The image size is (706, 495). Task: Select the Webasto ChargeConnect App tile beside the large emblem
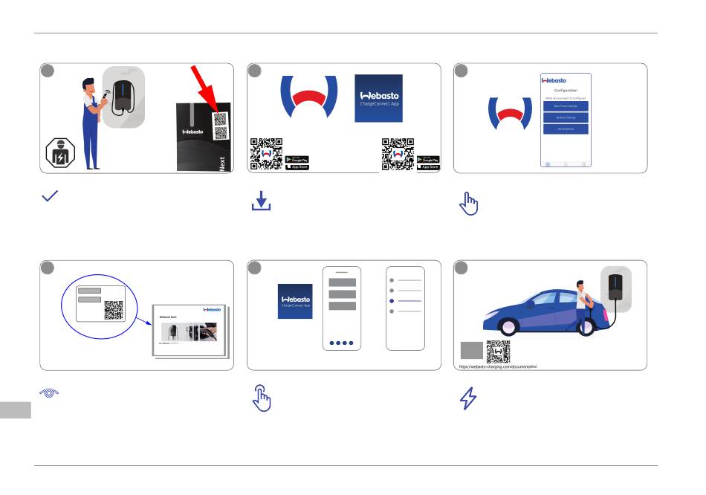378,99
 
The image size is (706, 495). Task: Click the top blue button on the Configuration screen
565,106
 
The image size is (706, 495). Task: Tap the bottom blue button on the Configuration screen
565,129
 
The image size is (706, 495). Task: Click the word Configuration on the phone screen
566,91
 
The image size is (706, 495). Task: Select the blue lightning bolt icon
468,399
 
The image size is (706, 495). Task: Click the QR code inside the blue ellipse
114,309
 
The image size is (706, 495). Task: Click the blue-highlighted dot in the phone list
391,301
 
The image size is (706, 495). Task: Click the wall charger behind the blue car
615,287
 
